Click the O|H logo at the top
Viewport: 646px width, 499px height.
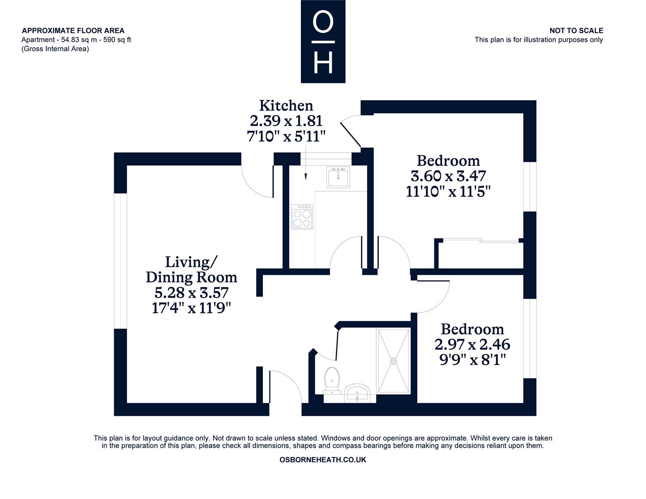coord(323,41)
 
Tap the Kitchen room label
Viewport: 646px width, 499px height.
coord(286,105)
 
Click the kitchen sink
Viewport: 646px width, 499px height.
coord(338,177)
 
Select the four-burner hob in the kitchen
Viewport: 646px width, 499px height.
coord(302,217)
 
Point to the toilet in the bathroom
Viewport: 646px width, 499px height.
coord(332,381)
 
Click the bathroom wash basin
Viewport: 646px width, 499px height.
coord(358,393)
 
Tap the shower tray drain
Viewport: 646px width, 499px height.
coord(393,361)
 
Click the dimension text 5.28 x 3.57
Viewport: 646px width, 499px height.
coord(191,292)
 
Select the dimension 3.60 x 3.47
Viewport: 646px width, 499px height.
coord(448,176)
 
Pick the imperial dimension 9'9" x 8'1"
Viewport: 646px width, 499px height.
coord(472,360)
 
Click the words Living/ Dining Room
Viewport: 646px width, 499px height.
coord(191,269)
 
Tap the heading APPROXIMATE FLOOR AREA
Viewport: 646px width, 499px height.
coord(73,30)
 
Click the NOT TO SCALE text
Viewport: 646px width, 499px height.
coord(576,30)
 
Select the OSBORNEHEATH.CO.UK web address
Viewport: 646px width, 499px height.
coord(323,460)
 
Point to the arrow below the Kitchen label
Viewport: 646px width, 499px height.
coord(305,164)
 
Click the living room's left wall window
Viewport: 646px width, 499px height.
coord(121,261)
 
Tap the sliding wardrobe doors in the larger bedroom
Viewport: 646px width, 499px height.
coord(481,240)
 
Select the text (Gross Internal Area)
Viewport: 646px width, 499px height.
coord(55,49)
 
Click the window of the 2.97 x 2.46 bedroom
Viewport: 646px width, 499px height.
coord(530,338)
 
